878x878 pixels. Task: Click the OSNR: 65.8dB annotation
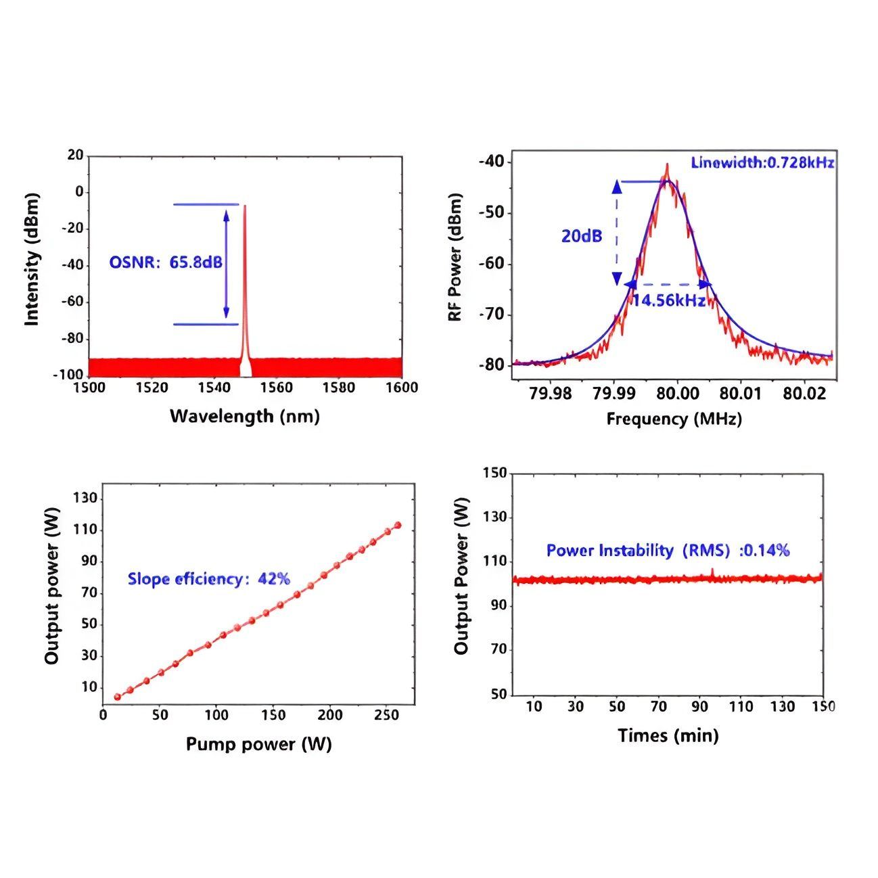166,262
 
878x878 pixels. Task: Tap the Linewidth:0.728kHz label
762,162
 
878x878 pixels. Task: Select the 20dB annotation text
581,237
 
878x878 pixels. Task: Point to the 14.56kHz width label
668,300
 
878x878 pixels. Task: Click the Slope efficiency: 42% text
208,579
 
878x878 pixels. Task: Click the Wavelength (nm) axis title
244,416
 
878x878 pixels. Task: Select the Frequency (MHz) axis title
674,419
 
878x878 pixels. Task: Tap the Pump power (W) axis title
258,745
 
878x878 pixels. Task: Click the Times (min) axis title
668,735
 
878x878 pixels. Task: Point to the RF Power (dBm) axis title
455,257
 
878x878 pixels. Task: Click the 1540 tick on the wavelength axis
214,388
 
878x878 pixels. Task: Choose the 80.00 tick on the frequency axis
678,393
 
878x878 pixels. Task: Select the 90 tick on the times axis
699,707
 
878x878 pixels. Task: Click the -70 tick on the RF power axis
492,315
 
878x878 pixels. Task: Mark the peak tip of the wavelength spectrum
245,206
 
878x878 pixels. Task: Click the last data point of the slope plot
398,525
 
